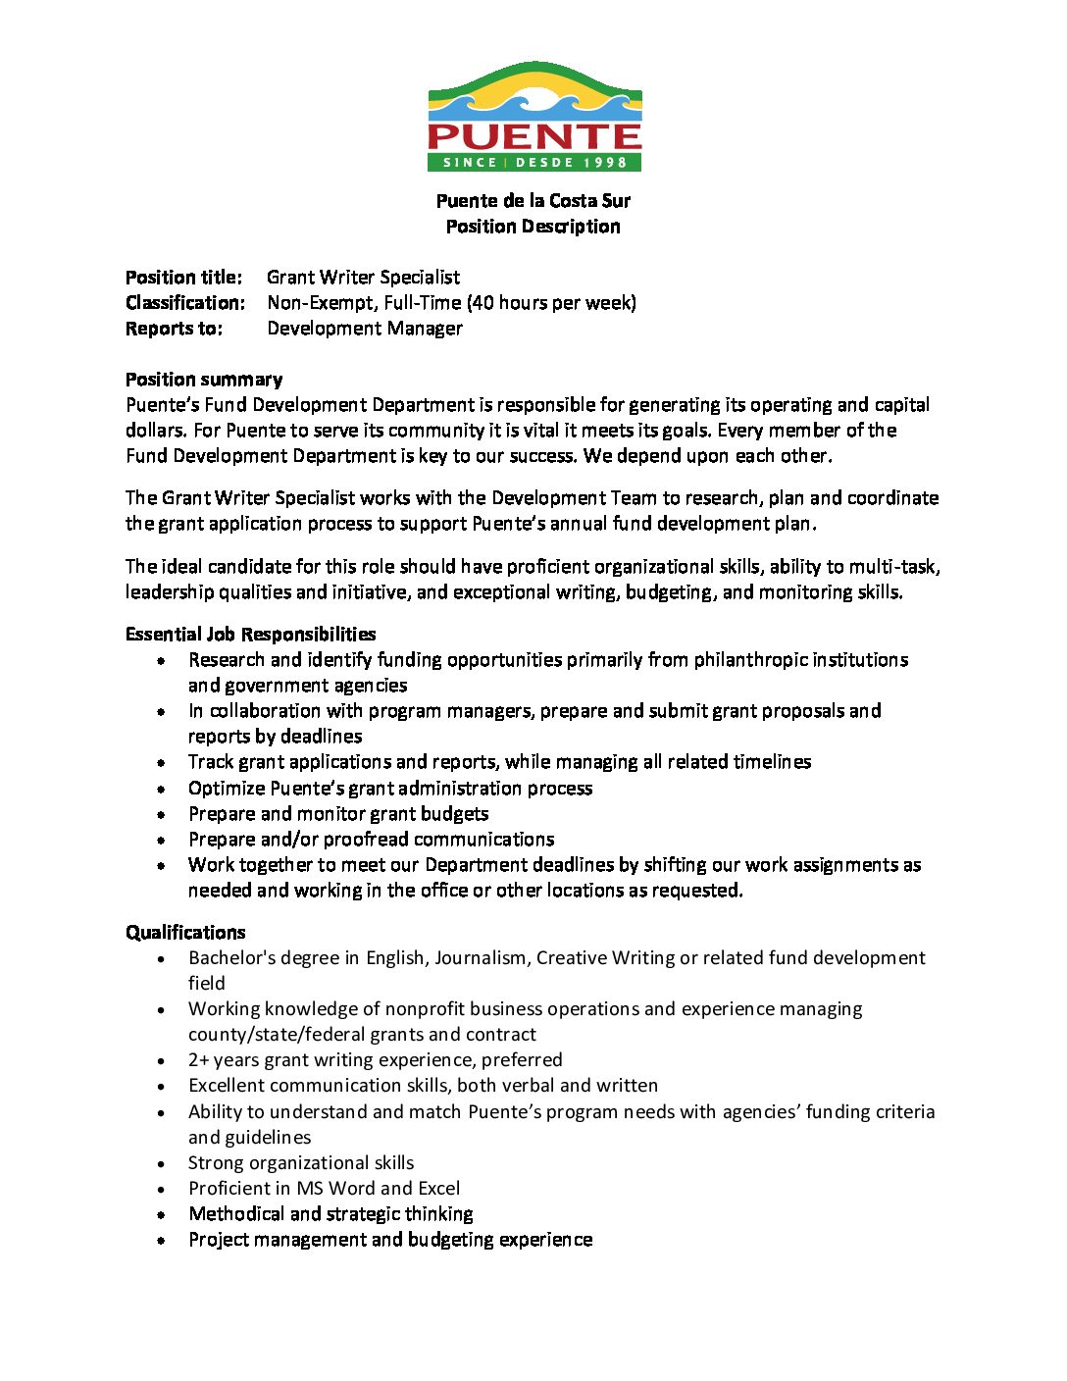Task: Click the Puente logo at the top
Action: click(534, 117)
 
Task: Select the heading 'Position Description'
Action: click(533, 227)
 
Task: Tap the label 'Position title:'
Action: click(183, 278)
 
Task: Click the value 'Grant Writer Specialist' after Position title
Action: click(363, 278)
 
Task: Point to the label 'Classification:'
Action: click(185, 303)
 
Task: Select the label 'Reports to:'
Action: click(174, 329)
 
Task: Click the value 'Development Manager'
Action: click(364, 329)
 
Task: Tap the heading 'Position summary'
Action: click(204, 380)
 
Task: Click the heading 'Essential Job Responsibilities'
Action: click(250, 635)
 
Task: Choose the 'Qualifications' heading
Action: click(185, 933)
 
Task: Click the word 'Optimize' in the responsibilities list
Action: click(227, 789)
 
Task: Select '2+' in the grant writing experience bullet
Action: click(198, 1060)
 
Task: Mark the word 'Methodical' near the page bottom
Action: click(236, 1214)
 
